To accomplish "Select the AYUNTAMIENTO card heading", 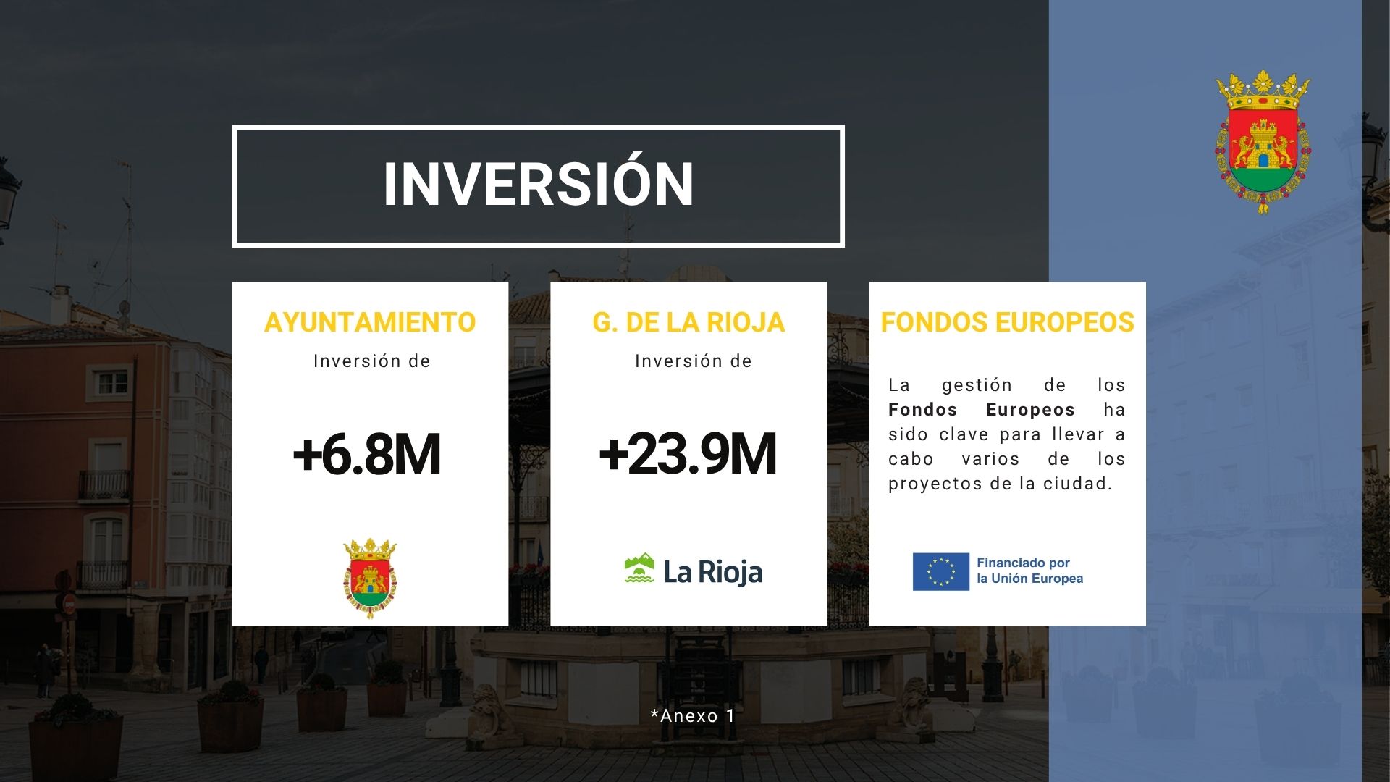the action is (x=370, y=322).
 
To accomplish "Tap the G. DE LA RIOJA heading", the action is (x=688, y=322).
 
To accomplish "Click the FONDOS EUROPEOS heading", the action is (x=1007, y=322).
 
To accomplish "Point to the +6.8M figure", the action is (x=367, y=455).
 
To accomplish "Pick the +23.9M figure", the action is (x=688, y=454).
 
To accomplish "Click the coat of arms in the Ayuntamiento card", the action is (x=370, y=578).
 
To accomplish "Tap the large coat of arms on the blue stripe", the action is (x=1263, y=142).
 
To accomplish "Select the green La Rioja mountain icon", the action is (x=639, y=568).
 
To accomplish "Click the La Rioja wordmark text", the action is (x=713, y=572).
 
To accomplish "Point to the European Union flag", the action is (x=940, y=571).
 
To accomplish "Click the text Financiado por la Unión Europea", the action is (x=1029, y=571).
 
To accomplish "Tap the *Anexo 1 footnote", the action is (x=693, y=716).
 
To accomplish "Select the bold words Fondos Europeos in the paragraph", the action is (x=981, y=410).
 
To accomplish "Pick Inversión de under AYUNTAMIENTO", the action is (x=372, y=361).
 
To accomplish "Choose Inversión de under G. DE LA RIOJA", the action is (x=694, y=361).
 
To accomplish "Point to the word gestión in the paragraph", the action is (x=977, y=386).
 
